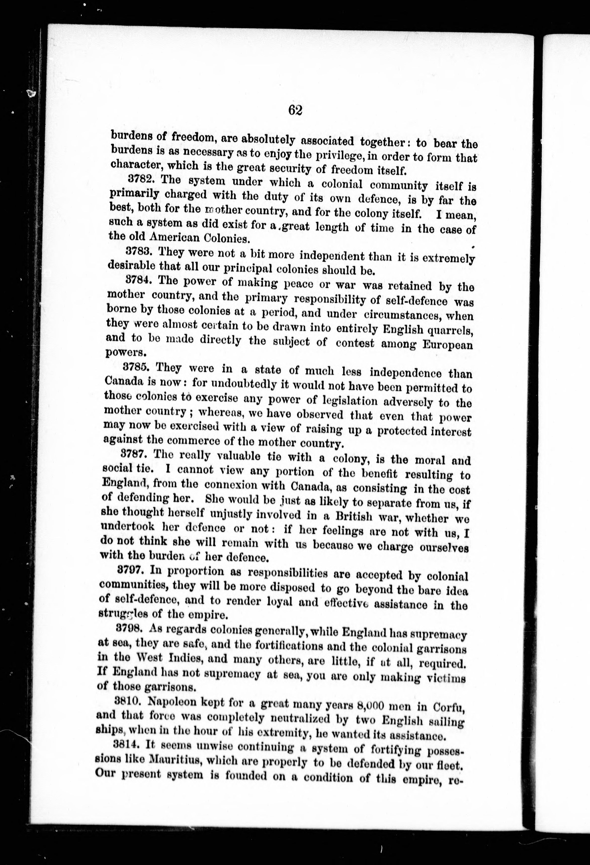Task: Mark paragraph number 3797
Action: pyautogui.click(x=130, y=570)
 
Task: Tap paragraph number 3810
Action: pyautogui.click(x=128, y=700)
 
